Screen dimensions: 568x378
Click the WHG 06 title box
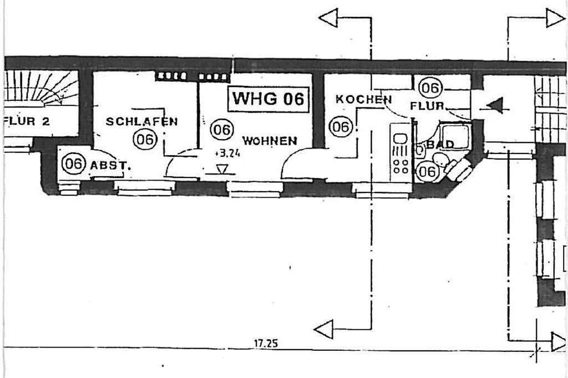click(268, 99)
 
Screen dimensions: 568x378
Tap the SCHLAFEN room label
click(141, 121)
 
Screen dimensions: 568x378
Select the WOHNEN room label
click(269, 141)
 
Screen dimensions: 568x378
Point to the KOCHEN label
click(363, 100)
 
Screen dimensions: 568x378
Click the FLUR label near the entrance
click(428, 105)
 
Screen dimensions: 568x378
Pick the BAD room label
click(440, 144)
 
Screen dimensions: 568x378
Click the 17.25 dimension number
click(266, 343)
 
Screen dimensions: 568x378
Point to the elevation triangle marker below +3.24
click(222, 169)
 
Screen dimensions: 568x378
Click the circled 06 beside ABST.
click(73, 164)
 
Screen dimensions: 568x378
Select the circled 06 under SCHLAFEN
click(145, 139)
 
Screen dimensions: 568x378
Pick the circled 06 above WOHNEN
click(221, 130)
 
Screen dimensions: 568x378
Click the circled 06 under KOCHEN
click(341, 127)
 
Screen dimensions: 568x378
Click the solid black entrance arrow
click(494, 105)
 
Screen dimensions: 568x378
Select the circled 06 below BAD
click(427, 171)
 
